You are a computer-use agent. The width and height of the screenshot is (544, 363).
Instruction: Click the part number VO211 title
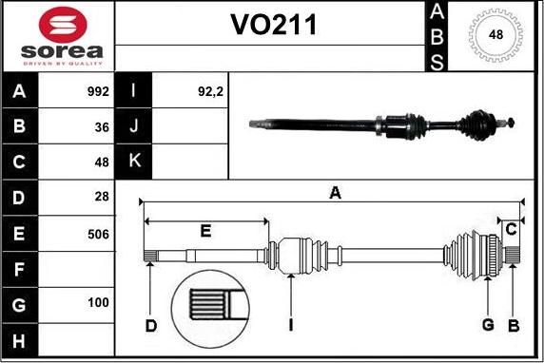272,27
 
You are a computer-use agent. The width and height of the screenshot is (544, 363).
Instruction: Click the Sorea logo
56,37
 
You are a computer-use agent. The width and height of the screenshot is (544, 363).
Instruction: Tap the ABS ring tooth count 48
495,35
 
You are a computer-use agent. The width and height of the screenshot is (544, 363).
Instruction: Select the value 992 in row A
98,93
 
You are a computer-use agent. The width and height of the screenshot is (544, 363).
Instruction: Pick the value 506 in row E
98,234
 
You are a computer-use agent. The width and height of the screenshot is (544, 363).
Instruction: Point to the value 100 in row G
98,304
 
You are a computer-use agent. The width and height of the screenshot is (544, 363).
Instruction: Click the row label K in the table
134,162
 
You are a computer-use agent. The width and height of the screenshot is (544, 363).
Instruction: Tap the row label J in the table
134,127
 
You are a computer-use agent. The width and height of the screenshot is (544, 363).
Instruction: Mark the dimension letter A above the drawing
335,194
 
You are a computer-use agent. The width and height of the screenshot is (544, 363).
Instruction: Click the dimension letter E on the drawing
204,231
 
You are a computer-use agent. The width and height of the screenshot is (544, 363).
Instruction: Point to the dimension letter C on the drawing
512,229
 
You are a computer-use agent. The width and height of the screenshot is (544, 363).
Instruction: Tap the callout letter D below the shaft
150,326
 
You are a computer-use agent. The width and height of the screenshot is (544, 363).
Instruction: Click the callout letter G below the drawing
488,326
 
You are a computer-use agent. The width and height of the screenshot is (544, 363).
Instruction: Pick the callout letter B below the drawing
513,326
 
